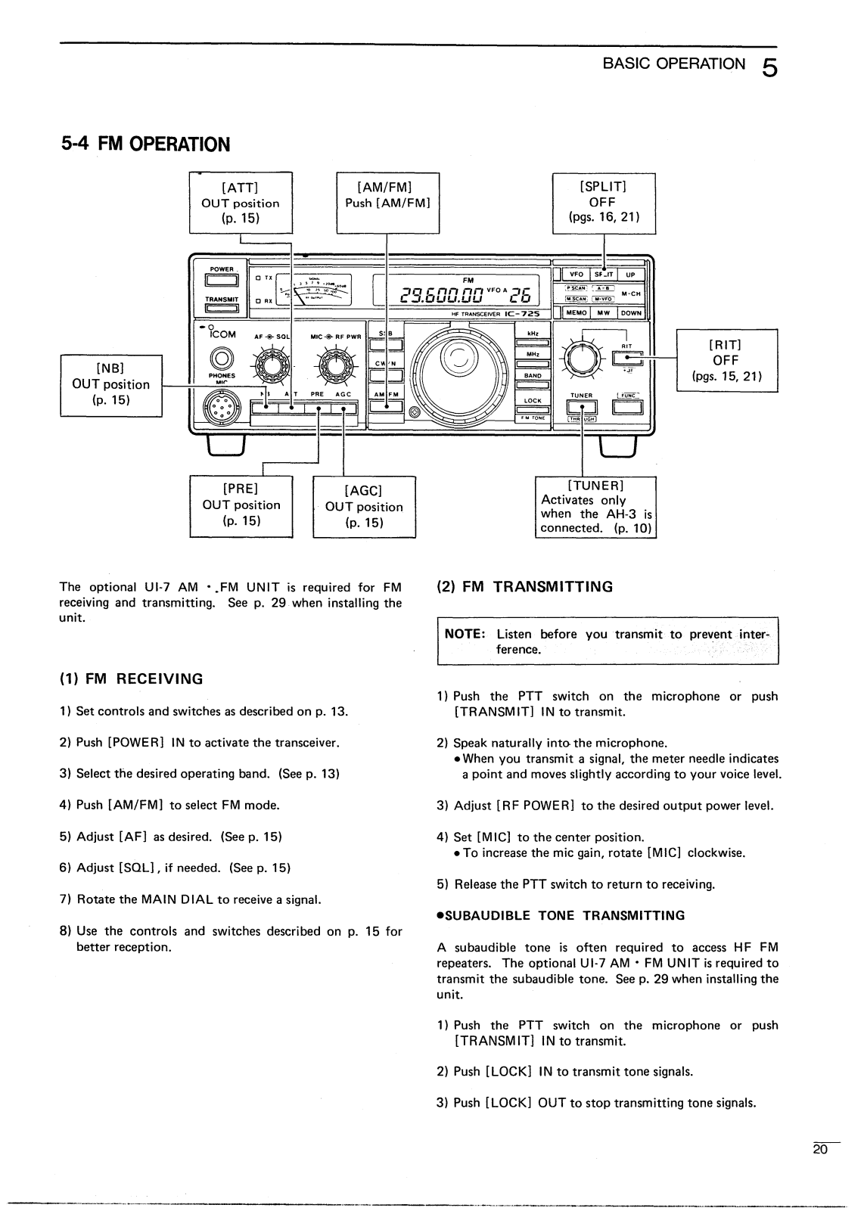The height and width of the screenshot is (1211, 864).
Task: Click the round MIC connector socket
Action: click(x=222, y=409)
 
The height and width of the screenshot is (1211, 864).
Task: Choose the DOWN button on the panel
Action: click(x=630, y=312)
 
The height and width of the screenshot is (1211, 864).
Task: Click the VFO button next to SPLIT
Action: click(x=577, y=275)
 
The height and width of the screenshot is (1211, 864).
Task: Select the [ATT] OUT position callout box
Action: click(x=241, y=203)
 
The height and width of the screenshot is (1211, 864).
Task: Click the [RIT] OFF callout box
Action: click(x=726, y=360)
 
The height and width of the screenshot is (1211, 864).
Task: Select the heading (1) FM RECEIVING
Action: click(x=132, y=678)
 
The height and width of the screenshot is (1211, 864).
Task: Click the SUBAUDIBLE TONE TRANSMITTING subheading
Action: click(x=561, y=915)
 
